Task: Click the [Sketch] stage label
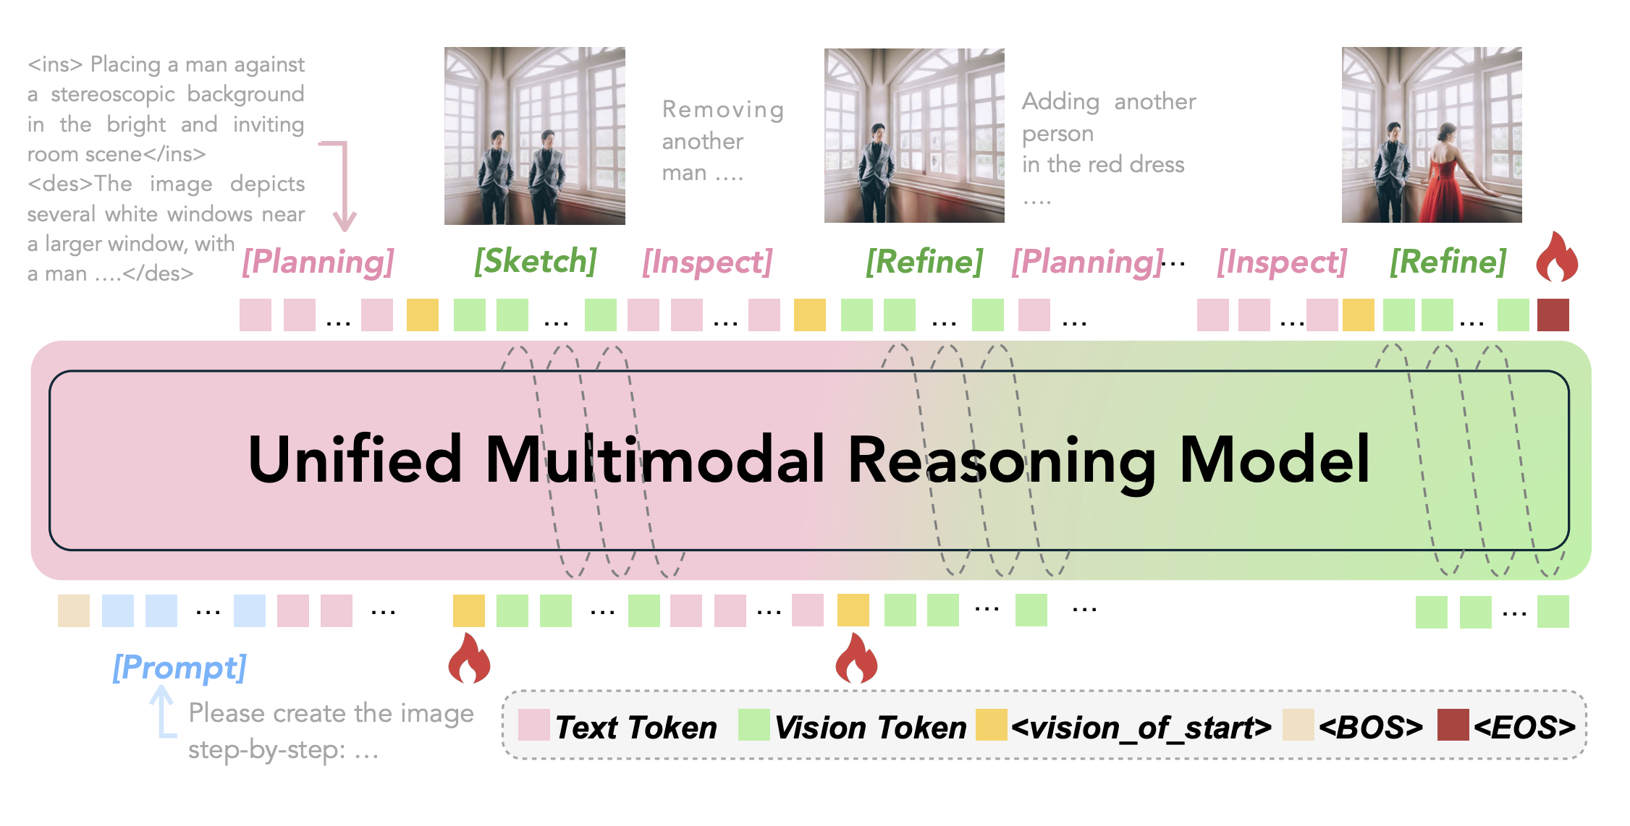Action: click(536, 261)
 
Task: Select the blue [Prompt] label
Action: click(180, 667)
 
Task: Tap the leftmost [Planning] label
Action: click(318, 261)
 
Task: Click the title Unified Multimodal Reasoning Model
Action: click(809, 460)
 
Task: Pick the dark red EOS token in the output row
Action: click(1553, 315)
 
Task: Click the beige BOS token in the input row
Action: click(74, 610)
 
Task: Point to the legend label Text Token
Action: click(636, 727)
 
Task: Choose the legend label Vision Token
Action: click(871, 727)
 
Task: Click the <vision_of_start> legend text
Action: click(1141, 727)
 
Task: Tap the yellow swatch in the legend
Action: click(992, 725)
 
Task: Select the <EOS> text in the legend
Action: click(1524, 727)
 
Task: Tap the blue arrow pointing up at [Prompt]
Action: click(164, 712)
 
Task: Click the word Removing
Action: click(723, 109)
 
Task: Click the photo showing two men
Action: click(535, 136)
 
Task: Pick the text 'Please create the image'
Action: click(332, 713)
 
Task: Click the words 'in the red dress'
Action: click(1103, 164)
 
